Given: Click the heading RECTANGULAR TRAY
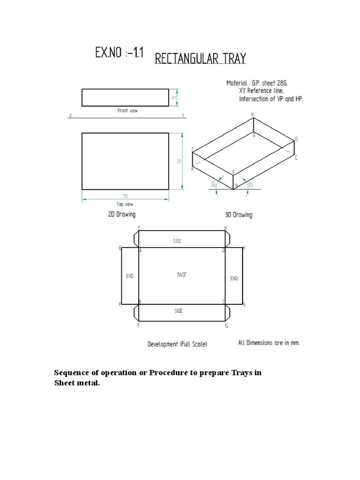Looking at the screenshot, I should tap(200, 59).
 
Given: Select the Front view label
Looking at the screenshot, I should tap(127, 111).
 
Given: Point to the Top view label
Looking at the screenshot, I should tap(125, 204).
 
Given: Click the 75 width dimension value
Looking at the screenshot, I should tap(125, 196).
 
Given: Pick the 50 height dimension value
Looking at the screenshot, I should tap(179, 161).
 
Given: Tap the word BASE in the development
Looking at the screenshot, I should tap(181, 275).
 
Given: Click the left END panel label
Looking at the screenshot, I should tap(129, 276).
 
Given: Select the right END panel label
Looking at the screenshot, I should tap(234, 278).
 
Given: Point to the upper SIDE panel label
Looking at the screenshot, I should tap(178, 240).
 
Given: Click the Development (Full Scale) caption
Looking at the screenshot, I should tap(177, 344).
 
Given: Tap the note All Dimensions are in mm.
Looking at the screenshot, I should tap(268, 343).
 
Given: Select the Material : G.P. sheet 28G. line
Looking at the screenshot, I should tap(256, 82).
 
